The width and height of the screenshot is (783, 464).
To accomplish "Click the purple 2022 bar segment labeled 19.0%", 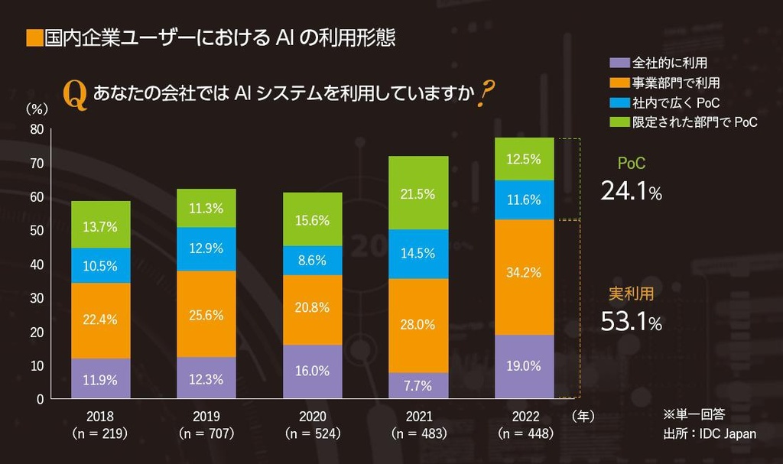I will [x=524, y=366].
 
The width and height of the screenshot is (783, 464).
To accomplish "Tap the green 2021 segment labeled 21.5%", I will [x=418, y=193].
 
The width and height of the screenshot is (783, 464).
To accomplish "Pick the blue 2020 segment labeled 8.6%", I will [x=312, y=260].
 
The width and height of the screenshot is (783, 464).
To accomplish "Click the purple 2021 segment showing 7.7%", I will [x=418, y=385].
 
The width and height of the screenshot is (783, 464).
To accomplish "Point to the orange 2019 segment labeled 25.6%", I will [x=206, y=314].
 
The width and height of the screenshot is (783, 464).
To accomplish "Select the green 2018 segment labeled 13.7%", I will [x=101, y=225].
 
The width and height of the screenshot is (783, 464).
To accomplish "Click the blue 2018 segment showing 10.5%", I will [x=101, y=265].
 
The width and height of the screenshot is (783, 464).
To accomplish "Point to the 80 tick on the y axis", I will [x=37, y=129].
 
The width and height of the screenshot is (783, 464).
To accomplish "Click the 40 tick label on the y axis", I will [x=37, y=264].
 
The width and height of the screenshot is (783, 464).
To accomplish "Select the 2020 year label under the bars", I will [x=312, y=417].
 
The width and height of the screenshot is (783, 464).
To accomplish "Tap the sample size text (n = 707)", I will [x=206, y=433].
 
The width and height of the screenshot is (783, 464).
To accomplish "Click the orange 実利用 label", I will [x=631, y=293].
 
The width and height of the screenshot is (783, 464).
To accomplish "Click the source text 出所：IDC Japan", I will [x=710, y=433].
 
